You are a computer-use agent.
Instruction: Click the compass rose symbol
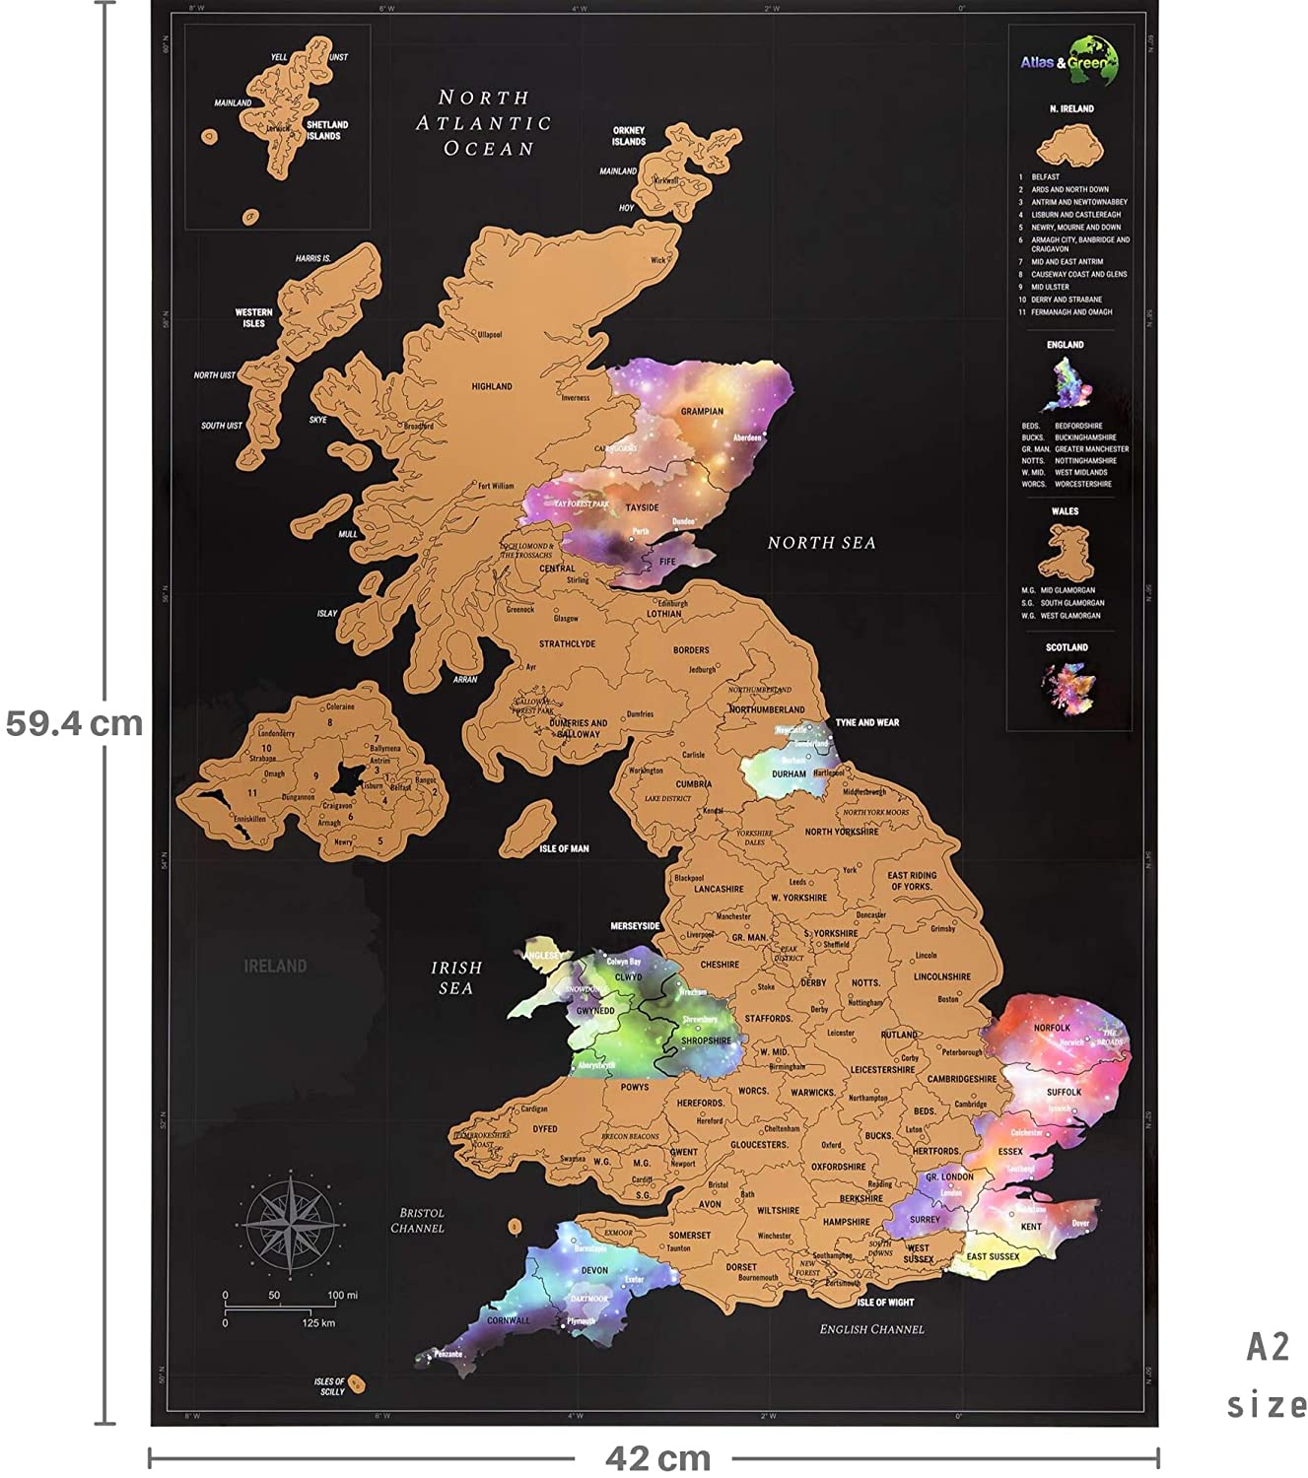coord(291,1226)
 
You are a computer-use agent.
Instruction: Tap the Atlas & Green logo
coord(1069,61)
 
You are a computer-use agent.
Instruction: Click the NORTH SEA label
coord(821,543)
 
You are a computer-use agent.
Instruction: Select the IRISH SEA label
coord(456,977)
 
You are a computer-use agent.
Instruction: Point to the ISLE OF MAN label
coord(564,848)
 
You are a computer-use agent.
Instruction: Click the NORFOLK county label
coord(1052,1028)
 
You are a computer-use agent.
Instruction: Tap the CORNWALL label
coord(509,1320)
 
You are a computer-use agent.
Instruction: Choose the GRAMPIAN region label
coord(702,411)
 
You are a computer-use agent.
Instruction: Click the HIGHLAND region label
coord(491,386)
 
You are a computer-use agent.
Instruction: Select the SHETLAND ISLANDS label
coord(327,130)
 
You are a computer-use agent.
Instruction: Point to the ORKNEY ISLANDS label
coord(628,136)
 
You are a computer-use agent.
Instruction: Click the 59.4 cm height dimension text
coord(74,723)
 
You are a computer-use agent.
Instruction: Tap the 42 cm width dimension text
coord(657,1458)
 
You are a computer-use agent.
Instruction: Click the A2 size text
coord(1268,1376)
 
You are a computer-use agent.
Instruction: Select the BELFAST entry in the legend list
coord(1045,177)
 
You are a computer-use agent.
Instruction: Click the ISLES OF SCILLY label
coord(330,1386)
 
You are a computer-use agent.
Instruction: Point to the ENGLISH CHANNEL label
coord(871,1329)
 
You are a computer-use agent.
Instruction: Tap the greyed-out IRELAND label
coord(275,966)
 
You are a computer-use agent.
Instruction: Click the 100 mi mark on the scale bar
coord(342,1295)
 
